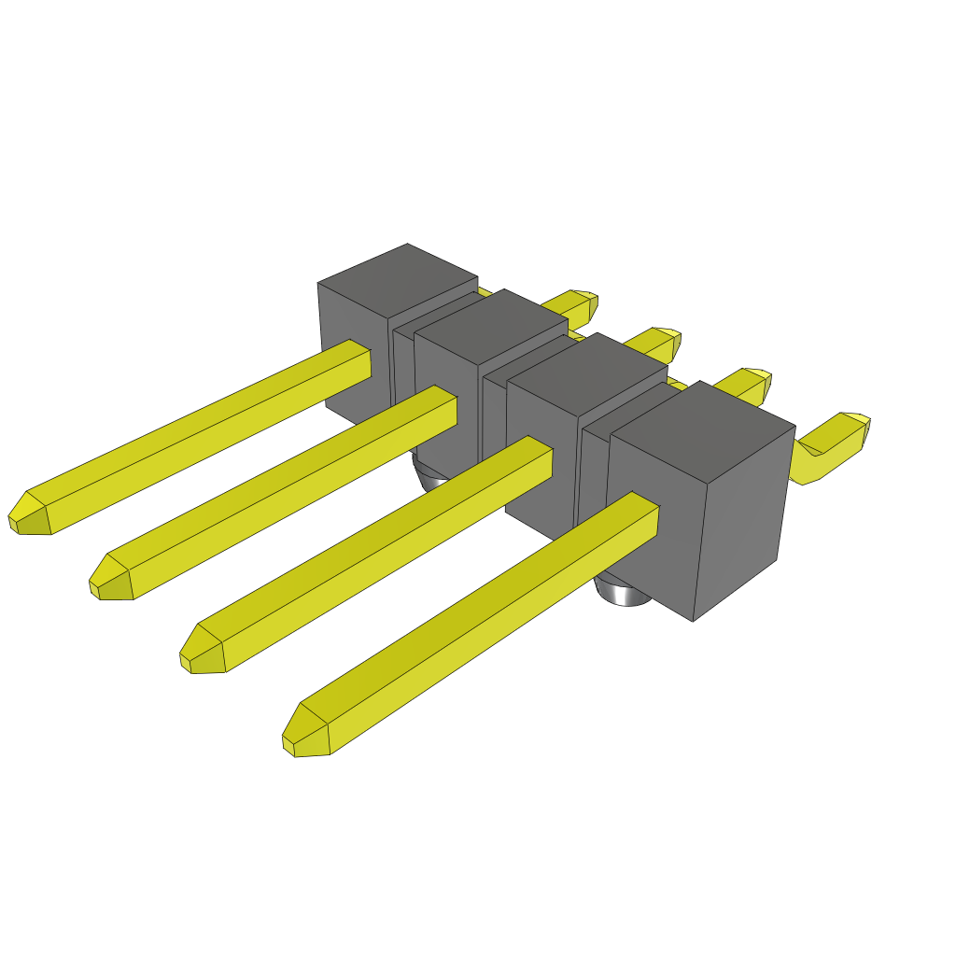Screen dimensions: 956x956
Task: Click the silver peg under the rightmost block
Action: click(624, 592)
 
